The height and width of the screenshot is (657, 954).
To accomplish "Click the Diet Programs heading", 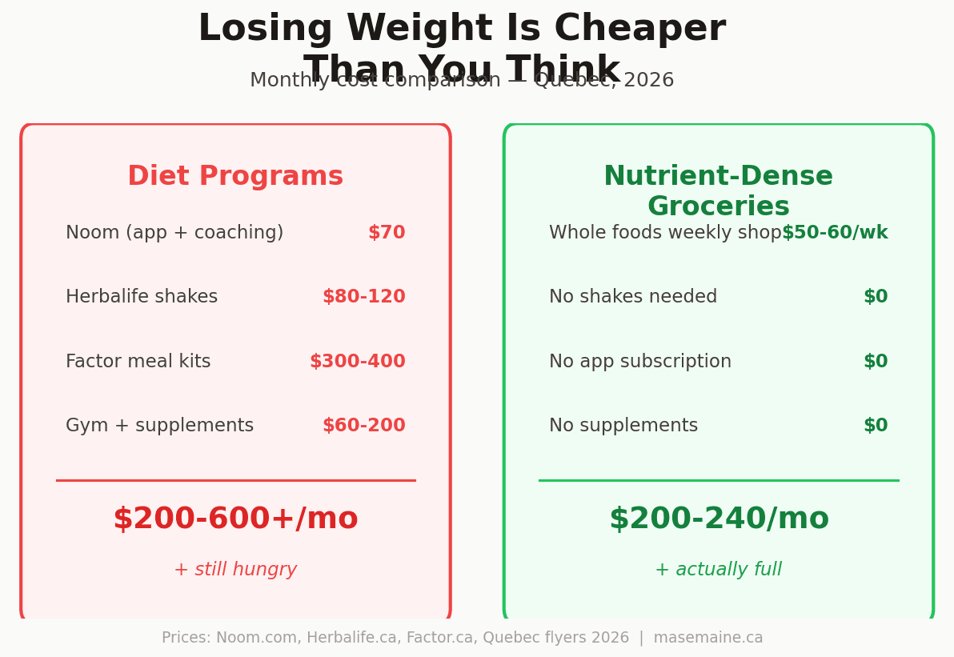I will tap(235, 177).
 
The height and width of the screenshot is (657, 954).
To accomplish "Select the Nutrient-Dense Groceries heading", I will tap(718, 191).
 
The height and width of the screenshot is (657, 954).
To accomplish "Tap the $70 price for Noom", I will tap(387, 233).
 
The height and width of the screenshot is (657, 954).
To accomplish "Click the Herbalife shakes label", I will tap(142, 297).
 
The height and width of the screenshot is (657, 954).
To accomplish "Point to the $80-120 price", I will tap(364, 297).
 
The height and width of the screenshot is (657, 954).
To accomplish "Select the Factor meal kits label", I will tap(138, 362).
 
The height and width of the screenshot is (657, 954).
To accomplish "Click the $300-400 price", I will tap(358, 362).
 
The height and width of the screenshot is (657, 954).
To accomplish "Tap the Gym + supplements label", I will tap(159, 426).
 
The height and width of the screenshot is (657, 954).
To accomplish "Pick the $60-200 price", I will tap(364, 426).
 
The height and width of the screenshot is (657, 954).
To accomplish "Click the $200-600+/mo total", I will tap(235, 519).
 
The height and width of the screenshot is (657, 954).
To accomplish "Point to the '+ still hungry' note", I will tap(235, 570).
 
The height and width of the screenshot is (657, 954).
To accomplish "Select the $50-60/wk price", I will tap(835, 233).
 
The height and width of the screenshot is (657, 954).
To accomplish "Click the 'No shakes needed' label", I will tap(633, 297).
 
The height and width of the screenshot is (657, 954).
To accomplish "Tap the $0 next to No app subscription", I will tap(876, 362).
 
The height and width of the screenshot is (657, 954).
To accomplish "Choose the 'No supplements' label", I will tap(623, 426).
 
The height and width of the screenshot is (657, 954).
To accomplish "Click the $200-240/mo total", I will tap(719, 519).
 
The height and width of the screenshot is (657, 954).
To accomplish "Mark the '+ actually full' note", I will tap(718, 570).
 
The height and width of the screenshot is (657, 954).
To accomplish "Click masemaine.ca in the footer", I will tap(708, 638).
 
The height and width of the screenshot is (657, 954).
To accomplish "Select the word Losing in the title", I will tap(265, 30).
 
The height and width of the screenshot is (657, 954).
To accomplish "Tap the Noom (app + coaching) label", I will tap(174, 233).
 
